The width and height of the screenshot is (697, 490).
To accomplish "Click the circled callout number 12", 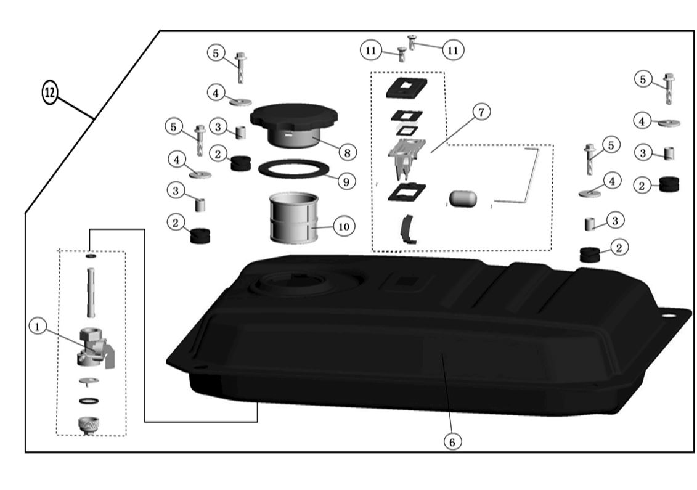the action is click(50, 92).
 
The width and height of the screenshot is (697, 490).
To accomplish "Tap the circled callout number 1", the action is click(38, 327).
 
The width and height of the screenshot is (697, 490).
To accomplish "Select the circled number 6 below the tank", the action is click(452, 442).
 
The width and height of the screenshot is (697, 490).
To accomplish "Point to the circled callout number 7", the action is click(482, 112).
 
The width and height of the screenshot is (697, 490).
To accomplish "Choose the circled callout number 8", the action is click(347, 153).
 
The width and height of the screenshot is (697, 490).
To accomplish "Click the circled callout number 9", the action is click(347, 181).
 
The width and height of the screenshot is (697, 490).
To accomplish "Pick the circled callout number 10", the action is click(344, 227).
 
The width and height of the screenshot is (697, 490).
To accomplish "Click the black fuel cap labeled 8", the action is click(294, 125).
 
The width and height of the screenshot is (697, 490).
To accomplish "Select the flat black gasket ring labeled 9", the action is click(293, 168).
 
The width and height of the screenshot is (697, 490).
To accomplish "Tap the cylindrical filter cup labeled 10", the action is click(294, 218).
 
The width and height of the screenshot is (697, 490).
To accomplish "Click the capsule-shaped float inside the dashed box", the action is click(463, 198).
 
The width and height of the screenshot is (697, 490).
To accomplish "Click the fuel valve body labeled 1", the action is click(96, 347).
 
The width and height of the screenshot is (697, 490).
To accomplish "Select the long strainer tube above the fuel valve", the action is click(91, 292).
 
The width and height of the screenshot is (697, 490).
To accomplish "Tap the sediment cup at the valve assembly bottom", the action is click(89, 425).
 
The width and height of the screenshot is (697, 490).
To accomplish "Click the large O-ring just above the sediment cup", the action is click(89, 401).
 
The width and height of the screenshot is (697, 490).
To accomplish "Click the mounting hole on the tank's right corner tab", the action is click(667, 316).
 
